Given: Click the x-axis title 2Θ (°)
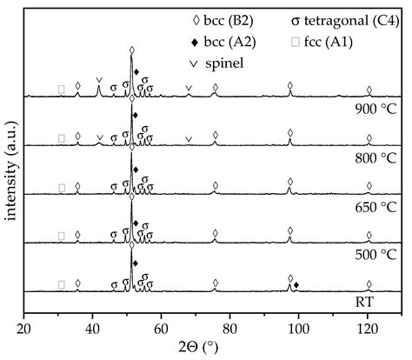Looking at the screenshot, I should pos(208,347).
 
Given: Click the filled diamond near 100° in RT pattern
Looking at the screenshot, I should pos(296,285).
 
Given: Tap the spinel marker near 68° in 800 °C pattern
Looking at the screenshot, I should pos(189,138).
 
